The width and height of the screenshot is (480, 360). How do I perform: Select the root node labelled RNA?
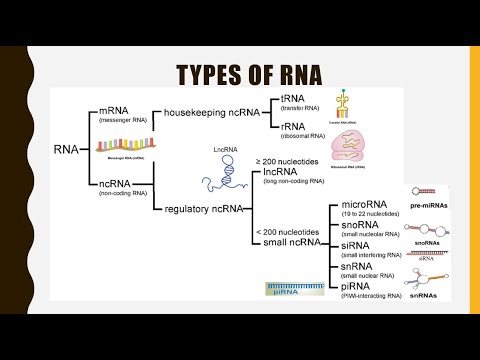(70, 149)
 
